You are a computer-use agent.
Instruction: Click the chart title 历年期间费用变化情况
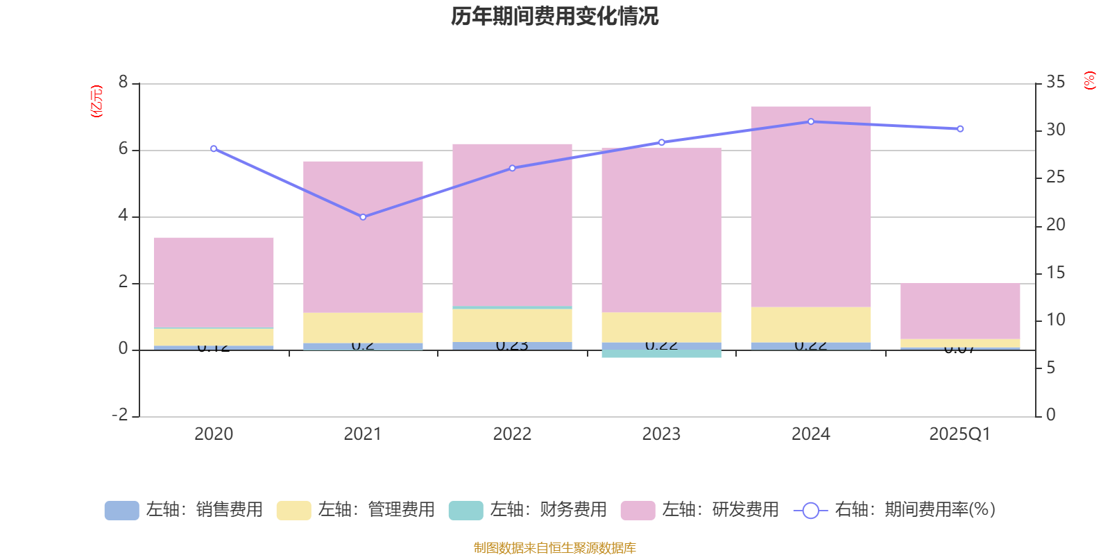click(554, 16)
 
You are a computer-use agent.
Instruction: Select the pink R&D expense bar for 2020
click(214, 281)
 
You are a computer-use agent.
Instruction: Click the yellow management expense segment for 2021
click(363, 328)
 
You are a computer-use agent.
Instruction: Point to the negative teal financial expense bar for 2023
click(661, 354)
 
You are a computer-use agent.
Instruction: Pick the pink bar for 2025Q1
click(960, 311)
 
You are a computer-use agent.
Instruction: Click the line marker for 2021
click(363, 217)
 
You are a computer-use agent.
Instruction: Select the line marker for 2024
click(810, 121)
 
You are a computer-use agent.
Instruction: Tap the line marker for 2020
click(214, 148)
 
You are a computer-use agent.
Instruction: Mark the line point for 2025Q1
click(960, 129)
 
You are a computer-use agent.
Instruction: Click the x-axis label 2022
click(512, 434)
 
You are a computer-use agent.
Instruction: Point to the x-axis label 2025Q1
click(959, 434)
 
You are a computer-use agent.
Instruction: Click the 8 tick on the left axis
click(123, 83)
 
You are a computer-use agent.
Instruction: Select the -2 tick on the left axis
click(120, 415)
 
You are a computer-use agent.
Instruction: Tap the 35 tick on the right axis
click(1055, 83)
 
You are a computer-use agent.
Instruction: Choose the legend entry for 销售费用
click(185, 510)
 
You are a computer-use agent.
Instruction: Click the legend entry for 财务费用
click(529, 510)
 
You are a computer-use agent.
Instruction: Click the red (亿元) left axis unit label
click(96, 101)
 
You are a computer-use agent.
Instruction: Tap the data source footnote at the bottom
click(554, 548)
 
